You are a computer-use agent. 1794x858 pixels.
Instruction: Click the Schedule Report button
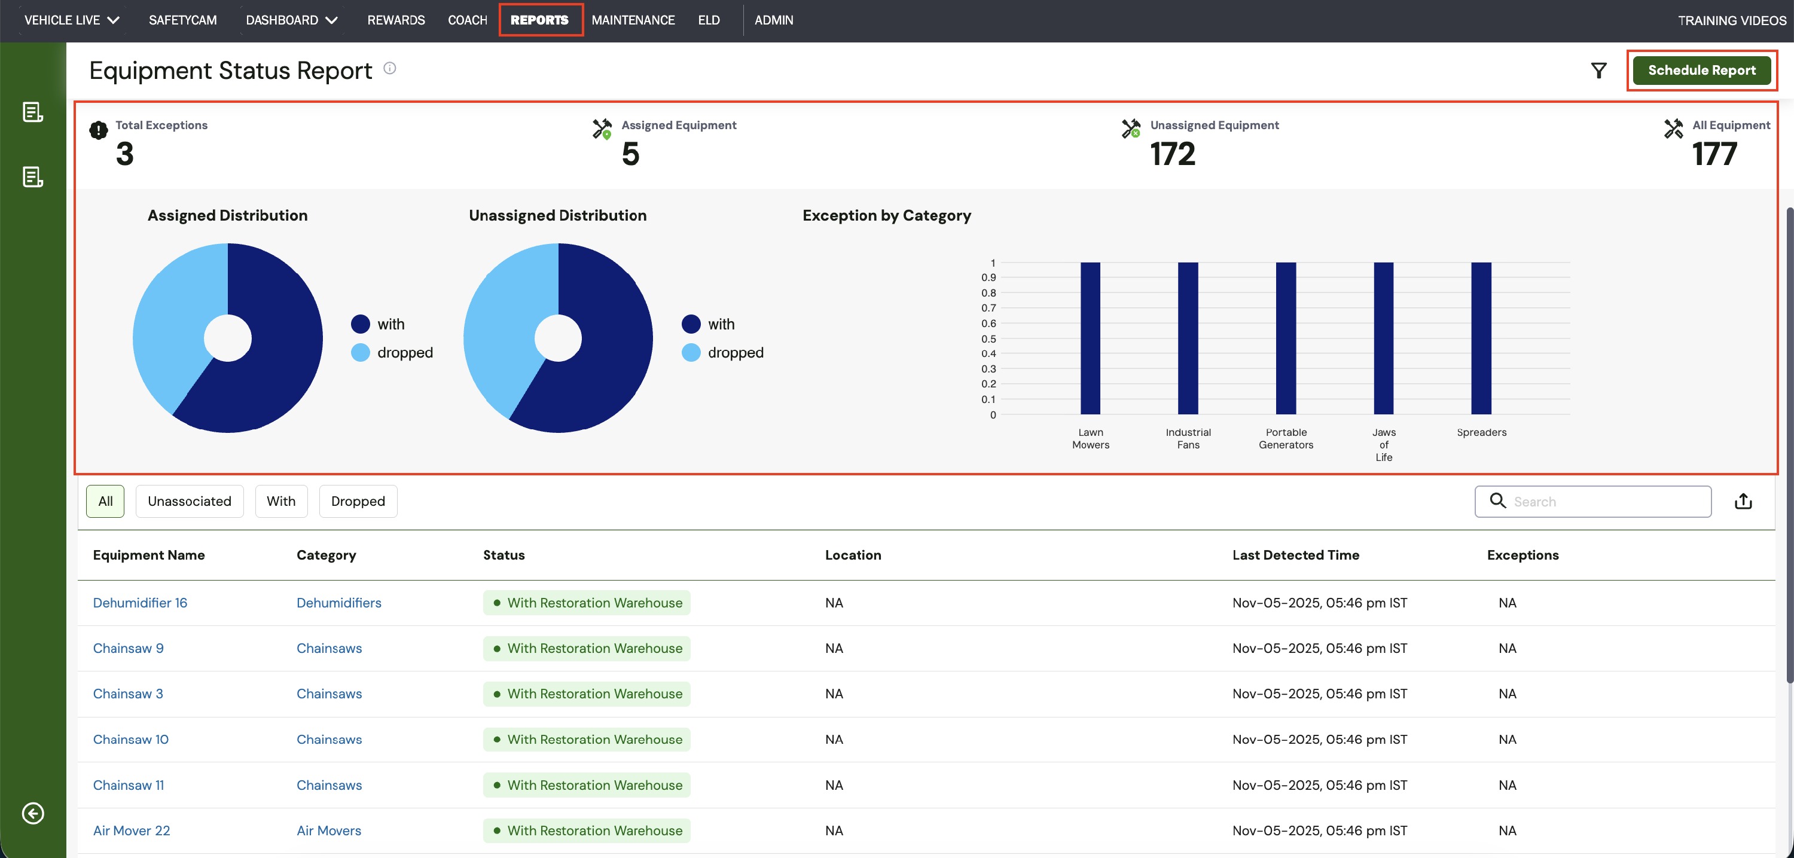click(x=1701, y=71)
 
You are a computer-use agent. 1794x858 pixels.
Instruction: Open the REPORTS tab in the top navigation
click(x=540, y=20)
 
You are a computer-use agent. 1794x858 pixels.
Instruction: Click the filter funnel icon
click(x=1599, y=71)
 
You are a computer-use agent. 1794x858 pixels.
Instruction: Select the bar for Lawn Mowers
click(x=1091, y=338)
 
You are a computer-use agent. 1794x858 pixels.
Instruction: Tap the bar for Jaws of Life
click(x=1384, y=338)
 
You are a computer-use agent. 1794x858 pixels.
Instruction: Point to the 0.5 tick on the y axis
click(x=988, y=339)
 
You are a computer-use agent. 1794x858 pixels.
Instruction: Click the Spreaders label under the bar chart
click(x=1481, y=432)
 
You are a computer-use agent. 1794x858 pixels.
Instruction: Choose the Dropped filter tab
click(x=358, y=502)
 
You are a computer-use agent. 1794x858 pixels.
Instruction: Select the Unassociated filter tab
click(x=190, y=502)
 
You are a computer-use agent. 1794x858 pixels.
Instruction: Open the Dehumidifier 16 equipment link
click(x=140, y=603)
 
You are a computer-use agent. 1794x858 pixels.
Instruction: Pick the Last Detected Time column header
click(x=1295, y=555)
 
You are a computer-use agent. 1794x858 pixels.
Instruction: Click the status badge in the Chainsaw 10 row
click(x=587, y=740)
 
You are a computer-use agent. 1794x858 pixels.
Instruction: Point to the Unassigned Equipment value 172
click(x=1173, y=154)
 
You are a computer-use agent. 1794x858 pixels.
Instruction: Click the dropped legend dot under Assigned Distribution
click(x=360, y=352)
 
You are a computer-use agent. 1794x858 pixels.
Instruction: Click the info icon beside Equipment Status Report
click(x=390, y=68)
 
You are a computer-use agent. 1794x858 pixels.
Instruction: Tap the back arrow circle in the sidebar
click(x=33, y=813)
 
